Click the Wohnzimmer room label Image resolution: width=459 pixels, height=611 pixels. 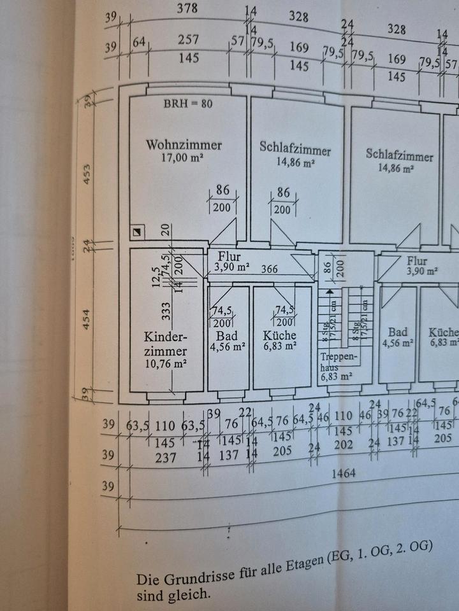[x=184, y=144]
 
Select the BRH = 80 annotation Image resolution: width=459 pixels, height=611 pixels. [x=189, y=104]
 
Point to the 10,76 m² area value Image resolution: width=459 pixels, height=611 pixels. [x=165, y=365]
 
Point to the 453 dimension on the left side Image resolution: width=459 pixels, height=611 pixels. [x=87, y=173]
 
